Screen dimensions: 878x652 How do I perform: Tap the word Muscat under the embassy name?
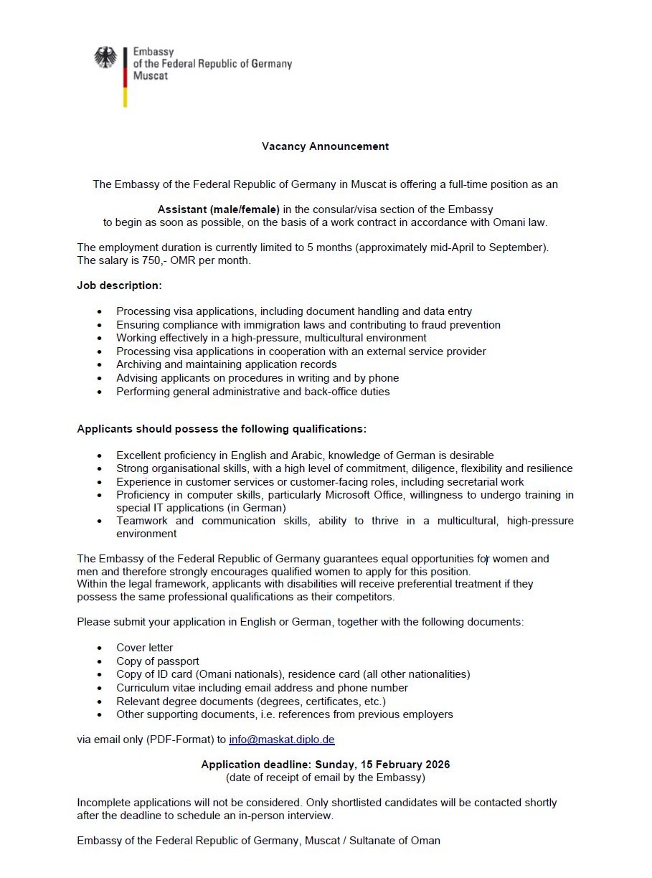pos(150,75)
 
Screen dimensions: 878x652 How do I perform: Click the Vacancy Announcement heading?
pos(325,146)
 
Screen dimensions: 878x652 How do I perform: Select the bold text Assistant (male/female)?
pos(219,209)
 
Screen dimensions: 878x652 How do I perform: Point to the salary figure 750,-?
pos(156,261)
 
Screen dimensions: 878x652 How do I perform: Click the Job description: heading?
pos(120,285)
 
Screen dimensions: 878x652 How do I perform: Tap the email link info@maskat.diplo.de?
pos(282,739)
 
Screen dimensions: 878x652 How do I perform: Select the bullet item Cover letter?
pos(145,648)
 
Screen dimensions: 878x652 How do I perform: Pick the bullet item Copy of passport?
pos(158,661)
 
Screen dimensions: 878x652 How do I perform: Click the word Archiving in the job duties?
pos(140,364)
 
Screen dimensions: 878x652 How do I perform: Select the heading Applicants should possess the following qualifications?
pos(222,429)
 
